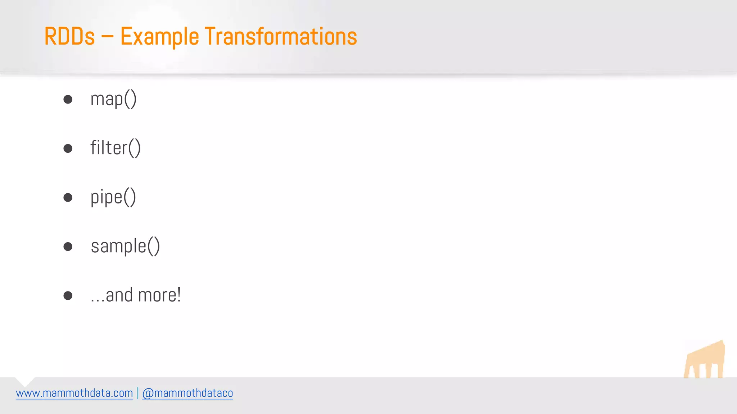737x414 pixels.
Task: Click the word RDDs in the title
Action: tap(69, 37)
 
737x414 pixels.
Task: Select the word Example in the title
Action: tap(159, 37)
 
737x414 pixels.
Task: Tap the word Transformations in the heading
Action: tap(281, 37)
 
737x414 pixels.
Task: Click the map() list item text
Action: tap(113, 99)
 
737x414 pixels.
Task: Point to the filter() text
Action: tap(115, 148)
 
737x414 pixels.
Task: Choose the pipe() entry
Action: tap(113, 197)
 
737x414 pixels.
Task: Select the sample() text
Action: tap(125, 247)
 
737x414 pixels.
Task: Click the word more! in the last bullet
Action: tap(159, 295)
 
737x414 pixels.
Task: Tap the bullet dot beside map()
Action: tap(68, 99)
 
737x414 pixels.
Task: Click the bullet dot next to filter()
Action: tap(68, 148)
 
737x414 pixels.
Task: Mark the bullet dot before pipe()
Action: tap(68, 197)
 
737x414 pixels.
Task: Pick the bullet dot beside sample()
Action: tap(68, 247)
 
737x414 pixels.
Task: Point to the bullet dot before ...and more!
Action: tap(68, 295)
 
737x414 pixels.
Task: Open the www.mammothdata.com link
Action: tap(74, 393)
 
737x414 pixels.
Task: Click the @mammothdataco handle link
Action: tap(187, 393)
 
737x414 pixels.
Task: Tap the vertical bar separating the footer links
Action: tap(137, 393)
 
